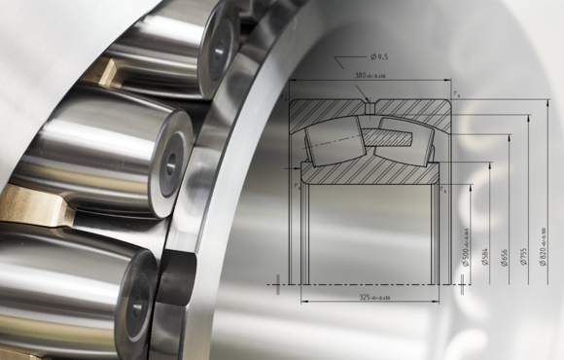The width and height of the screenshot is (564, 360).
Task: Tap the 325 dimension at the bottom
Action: (370, 296)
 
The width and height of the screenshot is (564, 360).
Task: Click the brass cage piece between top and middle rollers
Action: (107, 73)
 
